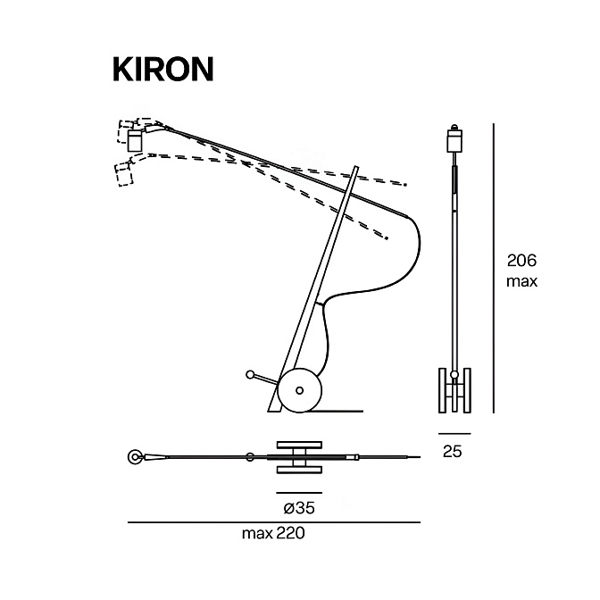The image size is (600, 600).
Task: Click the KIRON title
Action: coord(163,70)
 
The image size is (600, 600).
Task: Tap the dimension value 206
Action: coord(522,261)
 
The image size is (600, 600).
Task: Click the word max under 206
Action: coord(522,281)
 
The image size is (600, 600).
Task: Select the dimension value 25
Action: coord(453,452)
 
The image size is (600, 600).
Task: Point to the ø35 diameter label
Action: coord(299,508)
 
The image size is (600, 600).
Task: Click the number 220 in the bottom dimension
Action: coord(290,533)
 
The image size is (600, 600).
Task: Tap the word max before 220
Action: coord(257,533)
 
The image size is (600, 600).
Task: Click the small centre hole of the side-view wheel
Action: coord(300,391)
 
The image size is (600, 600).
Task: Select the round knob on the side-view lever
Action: coord(250,374)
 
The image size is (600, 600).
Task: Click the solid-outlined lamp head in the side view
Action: coord(135,140)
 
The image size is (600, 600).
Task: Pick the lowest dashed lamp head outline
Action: coord(123,175)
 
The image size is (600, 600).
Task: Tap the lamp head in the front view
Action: coord(454,140)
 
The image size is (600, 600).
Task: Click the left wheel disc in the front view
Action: coord(442,390)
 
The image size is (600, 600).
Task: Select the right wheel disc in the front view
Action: coord(467,390)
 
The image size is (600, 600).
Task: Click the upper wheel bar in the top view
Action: coord(299,445)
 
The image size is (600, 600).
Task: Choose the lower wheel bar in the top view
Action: coord(299,470)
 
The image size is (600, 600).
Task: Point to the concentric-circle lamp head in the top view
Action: coord(134,457)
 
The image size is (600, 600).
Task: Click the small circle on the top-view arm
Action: coord(250,457)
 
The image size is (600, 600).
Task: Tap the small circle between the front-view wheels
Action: coord(454,375)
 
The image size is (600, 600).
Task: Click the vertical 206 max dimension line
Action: coord(494,268)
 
